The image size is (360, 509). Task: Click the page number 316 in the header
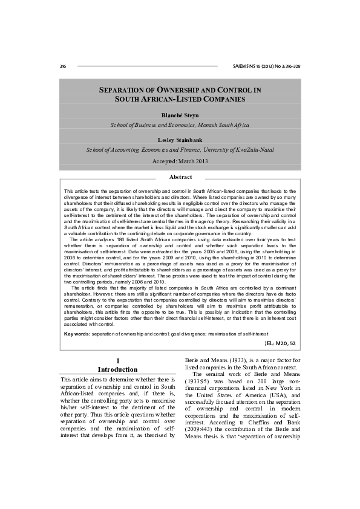point(63,65)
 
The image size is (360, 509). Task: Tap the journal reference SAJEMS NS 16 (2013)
point(266,65)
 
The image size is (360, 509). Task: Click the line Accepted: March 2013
point(180,161)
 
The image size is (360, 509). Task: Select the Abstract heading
point(180,177)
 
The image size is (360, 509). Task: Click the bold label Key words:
point(77,334)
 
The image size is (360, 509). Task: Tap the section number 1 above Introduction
point(118,361)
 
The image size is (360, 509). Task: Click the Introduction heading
point(118,369)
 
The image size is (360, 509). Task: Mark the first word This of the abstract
point(69,191)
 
